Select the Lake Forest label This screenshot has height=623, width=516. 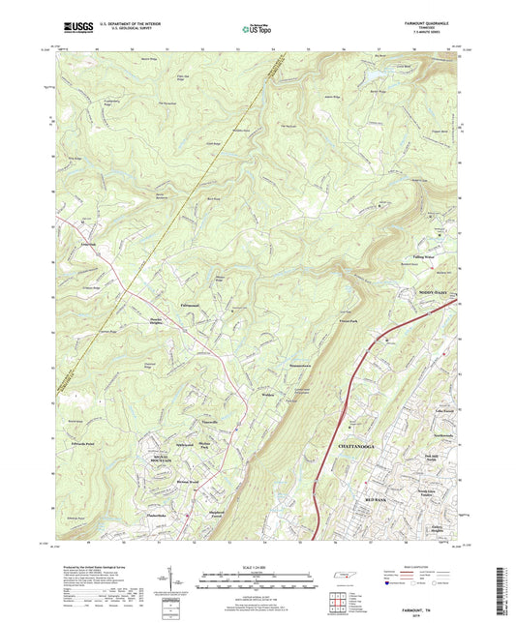coord(442,411)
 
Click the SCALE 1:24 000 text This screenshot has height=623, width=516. coord(261,566)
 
